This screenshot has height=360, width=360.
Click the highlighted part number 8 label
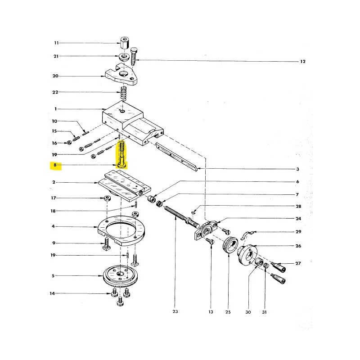[55, 165]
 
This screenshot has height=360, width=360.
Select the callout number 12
[303, 62]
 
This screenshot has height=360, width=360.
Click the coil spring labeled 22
[124, 93]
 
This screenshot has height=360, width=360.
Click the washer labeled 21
[124, 57]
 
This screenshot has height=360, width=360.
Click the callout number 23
[175, 311]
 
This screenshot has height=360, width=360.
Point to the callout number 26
[298, 246]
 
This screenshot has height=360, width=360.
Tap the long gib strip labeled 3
[176, 156]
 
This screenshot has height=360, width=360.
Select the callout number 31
[264, 312]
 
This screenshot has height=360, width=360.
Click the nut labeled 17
[107, 198]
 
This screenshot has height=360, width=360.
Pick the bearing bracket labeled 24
[206, 230]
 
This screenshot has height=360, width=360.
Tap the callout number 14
[52, 293]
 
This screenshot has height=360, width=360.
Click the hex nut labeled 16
[69, 143]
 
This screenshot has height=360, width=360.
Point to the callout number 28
[298, 207]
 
